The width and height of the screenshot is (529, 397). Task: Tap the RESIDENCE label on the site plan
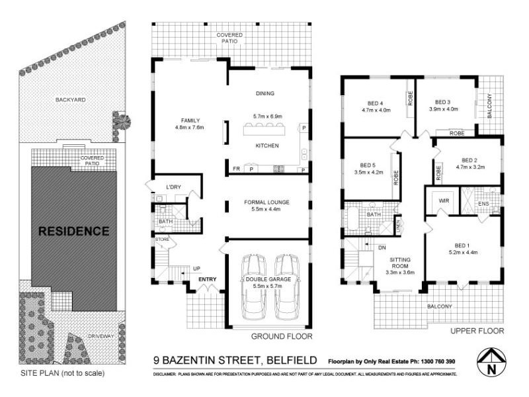coord(73,232)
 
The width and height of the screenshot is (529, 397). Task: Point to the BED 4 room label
coord(376,103)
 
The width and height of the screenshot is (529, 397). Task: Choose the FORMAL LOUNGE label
coord(267,202)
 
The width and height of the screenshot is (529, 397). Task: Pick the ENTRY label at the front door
coord(208,279)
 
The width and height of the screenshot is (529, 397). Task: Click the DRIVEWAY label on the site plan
coord(99,336)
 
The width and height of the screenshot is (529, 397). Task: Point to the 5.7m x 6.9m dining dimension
coord(267,116)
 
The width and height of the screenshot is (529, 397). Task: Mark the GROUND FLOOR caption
coord(281,336)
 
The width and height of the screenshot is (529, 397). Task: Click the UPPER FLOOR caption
coord(477,330)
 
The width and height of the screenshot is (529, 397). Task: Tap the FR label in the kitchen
coord(235,169)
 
